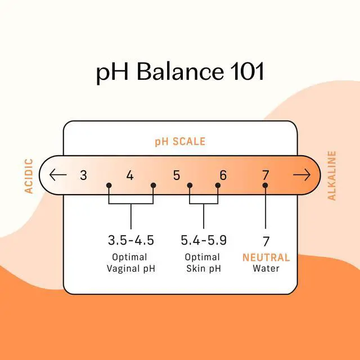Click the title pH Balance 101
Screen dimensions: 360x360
point(180,71)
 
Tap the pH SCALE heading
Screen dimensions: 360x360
point(180,141)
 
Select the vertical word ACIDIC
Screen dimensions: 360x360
point(29,176)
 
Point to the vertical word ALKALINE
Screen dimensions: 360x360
point(331,175)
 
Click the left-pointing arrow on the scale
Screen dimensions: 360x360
point(58,175)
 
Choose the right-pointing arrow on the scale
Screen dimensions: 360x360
point(302,175)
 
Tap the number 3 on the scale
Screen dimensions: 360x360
point(84,175)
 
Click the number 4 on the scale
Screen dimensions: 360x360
point(130,175)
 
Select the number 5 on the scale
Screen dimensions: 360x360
point(176,175)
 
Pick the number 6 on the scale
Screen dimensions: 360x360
point(223,175)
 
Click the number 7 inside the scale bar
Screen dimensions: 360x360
point(265,175)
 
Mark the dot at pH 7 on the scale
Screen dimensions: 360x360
point(265,185)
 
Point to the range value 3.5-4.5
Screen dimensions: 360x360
point(131,240)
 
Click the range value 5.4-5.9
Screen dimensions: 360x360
point(204,240)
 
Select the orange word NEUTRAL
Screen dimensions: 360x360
point(266,258)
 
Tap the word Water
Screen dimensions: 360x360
point(266,268)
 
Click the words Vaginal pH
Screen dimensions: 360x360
point(131,269)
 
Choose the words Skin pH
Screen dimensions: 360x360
point(204,269)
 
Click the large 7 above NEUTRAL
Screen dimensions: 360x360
point(266,241)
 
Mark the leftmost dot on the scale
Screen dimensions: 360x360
point(109,185)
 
